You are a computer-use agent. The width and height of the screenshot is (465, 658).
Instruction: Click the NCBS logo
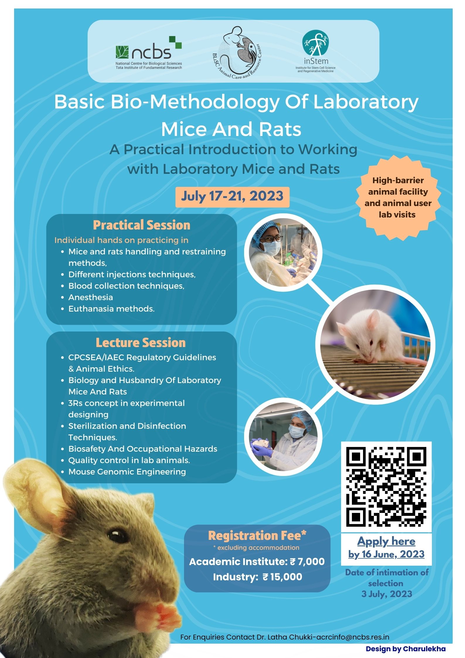tap(149, 53)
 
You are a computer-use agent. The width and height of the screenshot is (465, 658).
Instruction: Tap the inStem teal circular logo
tap(315, 43)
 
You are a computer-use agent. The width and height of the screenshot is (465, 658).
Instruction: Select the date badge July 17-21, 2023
tap(232, 197)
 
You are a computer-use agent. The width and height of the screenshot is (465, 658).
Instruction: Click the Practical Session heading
tap(142, 225)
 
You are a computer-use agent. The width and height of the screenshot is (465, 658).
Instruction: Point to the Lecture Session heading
tap(141, 343)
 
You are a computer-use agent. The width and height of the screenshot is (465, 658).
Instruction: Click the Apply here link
tap(386, 541)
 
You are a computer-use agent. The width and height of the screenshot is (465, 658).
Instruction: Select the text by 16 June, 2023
tap(386, 554)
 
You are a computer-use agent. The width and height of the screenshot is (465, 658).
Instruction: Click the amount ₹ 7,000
tap(307, 562)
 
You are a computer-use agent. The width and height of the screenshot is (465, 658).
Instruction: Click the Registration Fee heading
tap(257, 536)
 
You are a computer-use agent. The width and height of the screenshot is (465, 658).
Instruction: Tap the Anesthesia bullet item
tap(91, 297)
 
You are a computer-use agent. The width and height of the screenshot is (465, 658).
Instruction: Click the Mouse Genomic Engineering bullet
tap(127, 472)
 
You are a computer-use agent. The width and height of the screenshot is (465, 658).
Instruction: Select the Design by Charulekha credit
tap(406, 649)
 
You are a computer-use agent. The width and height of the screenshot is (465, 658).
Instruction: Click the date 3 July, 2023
tap(387, 594)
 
